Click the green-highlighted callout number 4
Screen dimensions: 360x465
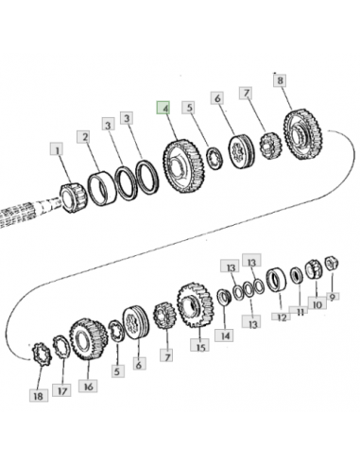coord(163,108)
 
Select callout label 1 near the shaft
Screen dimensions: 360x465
coord(57,149)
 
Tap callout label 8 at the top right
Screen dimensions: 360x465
coord(280,80)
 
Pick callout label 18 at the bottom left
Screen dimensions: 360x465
coord(39,395)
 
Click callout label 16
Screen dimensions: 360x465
coord(88,386)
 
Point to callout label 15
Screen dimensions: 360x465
coord(199,346)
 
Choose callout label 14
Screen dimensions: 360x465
coord(224,336)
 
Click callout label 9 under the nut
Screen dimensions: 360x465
coord(333,296)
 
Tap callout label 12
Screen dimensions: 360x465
coord(281,317)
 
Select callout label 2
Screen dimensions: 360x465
coord(83,137)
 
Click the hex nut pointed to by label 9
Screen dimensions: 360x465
coord(332,264)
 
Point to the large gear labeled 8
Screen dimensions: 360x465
coord(303,134)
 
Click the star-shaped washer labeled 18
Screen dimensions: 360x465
coord(42,354)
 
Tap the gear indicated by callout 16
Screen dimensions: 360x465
coord(89,339)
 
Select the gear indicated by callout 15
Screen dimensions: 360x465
coord(196,304)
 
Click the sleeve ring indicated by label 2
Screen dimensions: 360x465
coord(102,188)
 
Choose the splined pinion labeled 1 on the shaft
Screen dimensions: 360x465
coord(73,198)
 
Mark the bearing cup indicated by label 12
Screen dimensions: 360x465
coord(276,280)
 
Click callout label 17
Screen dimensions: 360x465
coord(62,390)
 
